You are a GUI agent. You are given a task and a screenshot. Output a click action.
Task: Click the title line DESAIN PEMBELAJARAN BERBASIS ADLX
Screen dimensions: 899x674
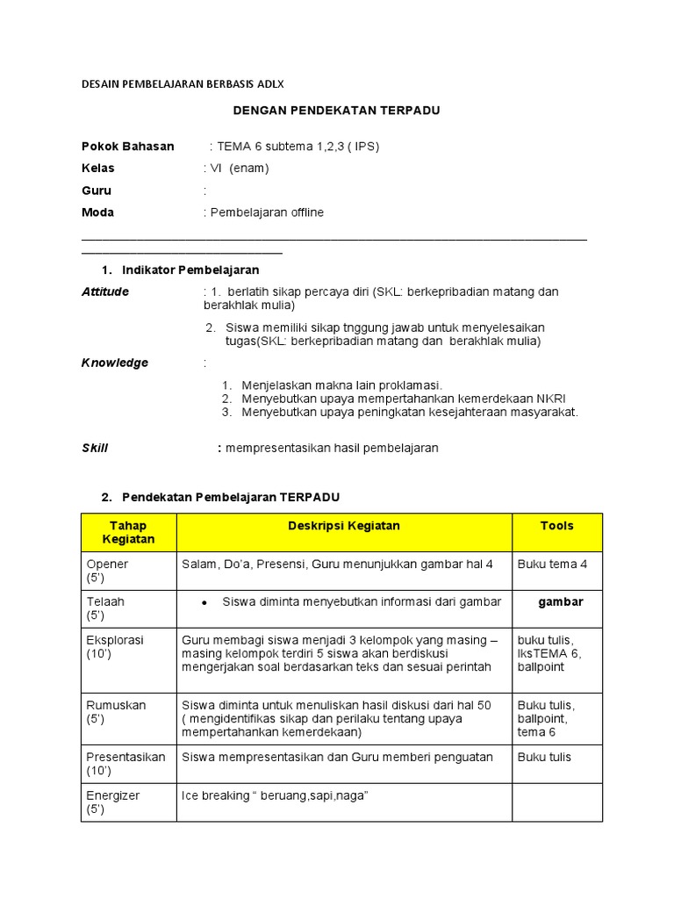(183, 83)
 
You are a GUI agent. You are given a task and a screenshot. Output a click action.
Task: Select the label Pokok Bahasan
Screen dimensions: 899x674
(128, 146)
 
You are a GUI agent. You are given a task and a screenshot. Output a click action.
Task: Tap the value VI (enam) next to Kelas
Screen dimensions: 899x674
(238, 168)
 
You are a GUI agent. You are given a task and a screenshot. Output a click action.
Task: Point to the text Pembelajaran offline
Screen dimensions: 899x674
(266, 212)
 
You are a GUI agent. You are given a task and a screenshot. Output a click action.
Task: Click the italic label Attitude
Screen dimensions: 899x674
(105, 291)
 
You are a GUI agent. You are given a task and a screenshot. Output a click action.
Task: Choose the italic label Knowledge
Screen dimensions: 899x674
(115, 363)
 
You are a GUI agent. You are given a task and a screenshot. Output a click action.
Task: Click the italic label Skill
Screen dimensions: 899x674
(95, 448)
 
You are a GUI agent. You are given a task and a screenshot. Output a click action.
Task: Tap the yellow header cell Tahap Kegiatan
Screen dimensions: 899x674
(128, 532)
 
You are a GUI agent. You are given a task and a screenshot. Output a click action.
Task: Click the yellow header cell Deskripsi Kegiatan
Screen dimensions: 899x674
(344, 526)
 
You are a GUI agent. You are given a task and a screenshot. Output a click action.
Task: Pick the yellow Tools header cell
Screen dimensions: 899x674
(557, 526)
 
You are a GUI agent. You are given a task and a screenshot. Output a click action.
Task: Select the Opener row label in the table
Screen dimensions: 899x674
(107, 565)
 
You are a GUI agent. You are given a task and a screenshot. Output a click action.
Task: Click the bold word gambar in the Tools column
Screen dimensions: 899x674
(560, 601)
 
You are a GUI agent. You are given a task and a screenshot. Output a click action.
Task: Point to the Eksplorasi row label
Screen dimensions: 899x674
(114, 640)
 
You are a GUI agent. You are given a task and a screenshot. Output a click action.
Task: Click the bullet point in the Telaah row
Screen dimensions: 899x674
(204, 603)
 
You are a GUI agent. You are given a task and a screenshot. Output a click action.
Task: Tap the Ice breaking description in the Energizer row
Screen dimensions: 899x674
(275, 795)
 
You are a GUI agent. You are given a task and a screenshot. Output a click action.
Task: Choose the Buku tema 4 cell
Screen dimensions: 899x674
(552, 565)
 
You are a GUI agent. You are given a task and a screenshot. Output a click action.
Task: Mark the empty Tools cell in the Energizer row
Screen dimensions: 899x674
(557, 802)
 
